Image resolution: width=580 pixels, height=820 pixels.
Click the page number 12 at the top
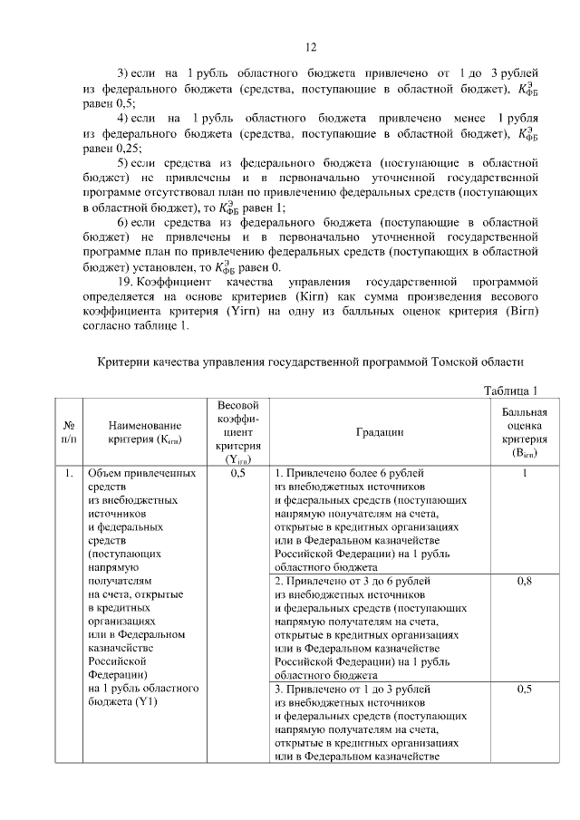(308, 48)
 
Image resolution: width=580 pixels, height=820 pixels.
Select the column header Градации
(380, 432)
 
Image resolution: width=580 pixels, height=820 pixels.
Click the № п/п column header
(68, 432)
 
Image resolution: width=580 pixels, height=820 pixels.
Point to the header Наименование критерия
(145, 432)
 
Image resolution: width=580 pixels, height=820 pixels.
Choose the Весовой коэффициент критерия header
(238, 432)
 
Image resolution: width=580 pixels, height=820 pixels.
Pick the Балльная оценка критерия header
(524, 432)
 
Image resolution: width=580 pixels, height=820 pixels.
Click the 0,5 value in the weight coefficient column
(238, 473)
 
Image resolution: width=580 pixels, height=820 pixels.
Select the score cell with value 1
(524, 473)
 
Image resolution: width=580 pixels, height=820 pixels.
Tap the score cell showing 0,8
(524, 581)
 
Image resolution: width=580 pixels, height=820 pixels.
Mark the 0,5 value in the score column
(524, 689)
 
